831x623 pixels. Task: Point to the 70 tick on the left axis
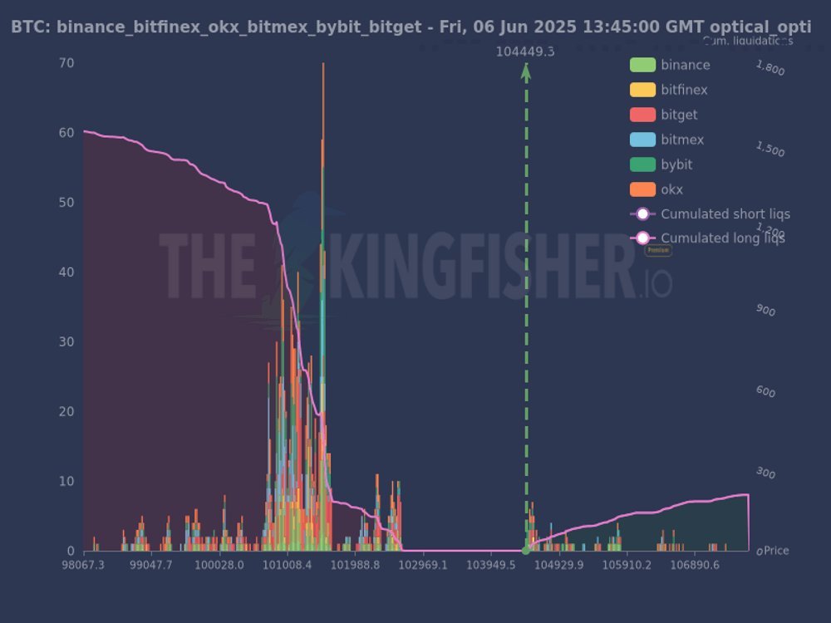66,63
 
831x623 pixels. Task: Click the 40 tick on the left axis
66,272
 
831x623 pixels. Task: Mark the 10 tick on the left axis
66,482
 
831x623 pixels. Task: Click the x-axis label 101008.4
287,566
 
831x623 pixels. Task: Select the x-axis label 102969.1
423,566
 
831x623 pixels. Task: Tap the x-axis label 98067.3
83,566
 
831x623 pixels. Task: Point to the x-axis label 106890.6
695,566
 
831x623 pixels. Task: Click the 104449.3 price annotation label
525,52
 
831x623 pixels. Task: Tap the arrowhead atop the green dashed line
525,71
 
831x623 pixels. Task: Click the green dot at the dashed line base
525,550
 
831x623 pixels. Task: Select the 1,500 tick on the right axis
770,150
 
